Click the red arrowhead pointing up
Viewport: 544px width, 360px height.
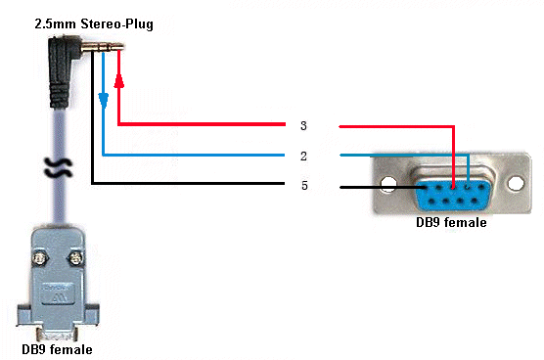[x=119, y=81]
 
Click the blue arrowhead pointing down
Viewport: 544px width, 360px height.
[x=104, y=101]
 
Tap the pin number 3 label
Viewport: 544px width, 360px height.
[x=303, y=125]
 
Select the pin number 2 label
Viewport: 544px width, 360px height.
[x=303, y=157]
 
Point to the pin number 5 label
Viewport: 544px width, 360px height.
[x=304, y=186]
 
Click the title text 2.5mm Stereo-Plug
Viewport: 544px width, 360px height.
[x=94, y=24]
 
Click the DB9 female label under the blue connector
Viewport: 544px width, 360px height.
[x=451, y=222]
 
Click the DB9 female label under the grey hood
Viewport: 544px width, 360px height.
[x=58, y=349]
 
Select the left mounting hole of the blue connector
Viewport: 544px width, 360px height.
[x=388, y=184]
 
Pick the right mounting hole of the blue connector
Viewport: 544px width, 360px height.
[x=516, y=183]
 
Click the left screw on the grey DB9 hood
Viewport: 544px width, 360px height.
[x=40, y=258]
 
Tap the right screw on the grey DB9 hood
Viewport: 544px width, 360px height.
[x=75, y=258]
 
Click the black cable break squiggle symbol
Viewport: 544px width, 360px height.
[x=59, y=168]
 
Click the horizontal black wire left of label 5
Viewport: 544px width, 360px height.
[x=189, y=183]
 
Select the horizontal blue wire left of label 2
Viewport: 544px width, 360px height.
[x=194, y=155]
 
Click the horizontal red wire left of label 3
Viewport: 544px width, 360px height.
[x=202, y=124]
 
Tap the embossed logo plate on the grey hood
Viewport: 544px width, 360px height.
[x=58, y=293]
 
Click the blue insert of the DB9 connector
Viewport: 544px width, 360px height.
[x=453, y=196]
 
